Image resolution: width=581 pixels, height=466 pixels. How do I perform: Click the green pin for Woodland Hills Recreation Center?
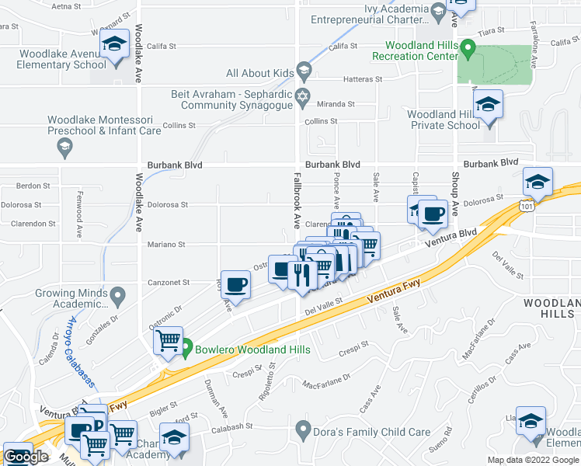point(468,49)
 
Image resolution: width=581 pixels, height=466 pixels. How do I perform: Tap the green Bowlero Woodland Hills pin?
point(186,350)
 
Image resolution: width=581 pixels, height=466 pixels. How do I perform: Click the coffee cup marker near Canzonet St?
point(235,284)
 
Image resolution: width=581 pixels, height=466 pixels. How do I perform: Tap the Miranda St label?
point(340,103)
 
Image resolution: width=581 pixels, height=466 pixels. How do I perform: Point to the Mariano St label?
point(166,245)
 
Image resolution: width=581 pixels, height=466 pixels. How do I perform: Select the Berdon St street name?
point(33,186)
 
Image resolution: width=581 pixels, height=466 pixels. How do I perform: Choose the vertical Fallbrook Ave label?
point(296,200)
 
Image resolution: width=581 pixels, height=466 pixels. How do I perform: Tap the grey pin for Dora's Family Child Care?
point(304,429)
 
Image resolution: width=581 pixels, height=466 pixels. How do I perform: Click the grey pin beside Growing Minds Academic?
point(117,295)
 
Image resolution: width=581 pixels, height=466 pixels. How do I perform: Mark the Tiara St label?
point(491,30)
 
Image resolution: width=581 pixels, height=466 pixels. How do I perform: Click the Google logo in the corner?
point(26,457)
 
